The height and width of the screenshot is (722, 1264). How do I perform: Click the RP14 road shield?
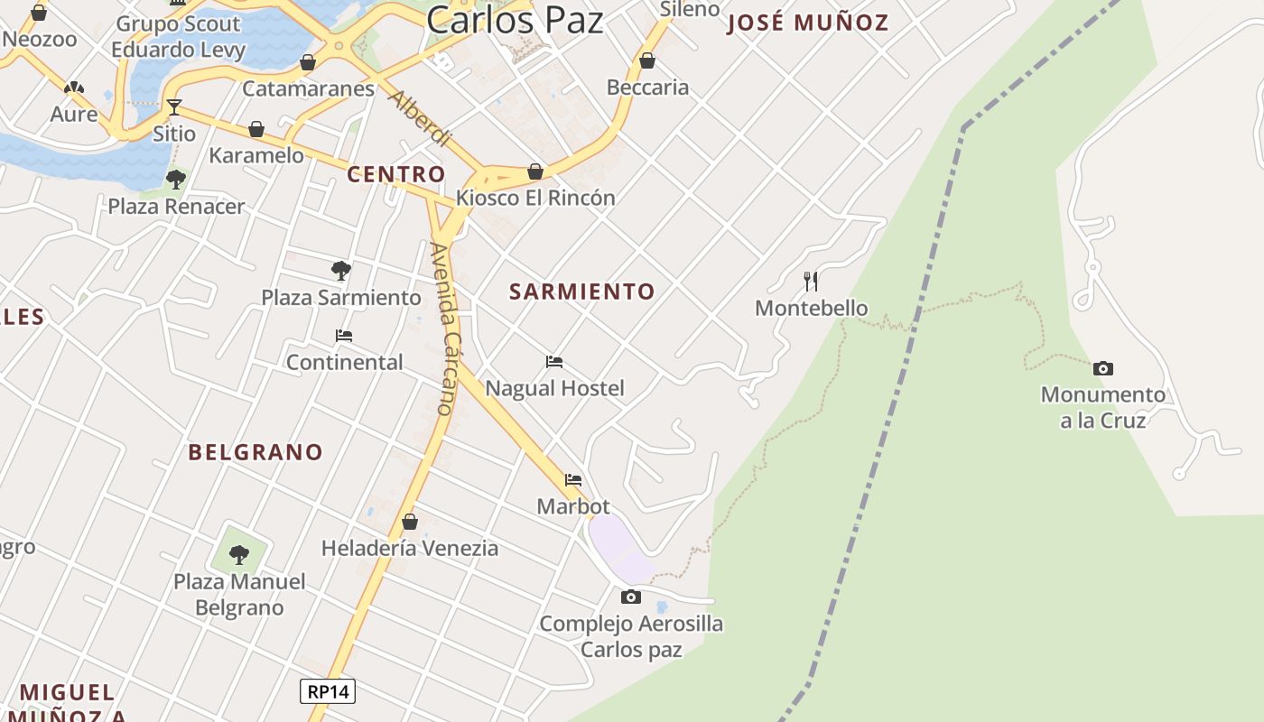coord(327,691)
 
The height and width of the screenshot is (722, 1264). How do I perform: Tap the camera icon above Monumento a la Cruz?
coord(1102,368)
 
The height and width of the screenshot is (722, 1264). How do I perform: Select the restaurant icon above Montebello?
coord(811,282)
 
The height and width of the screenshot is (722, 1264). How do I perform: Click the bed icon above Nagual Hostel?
coord(554,362)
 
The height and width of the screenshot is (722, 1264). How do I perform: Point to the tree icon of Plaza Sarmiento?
coord(340,270)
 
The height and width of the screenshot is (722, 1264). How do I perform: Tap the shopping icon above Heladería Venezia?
coord(410,522)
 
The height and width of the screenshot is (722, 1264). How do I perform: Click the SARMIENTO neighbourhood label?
coord(581,292)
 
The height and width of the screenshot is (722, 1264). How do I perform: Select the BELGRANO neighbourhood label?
coord(256,452)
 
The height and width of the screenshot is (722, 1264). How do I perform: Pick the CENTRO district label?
coord(396,174)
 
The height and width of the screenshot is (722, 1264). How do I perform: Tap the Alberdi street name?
coord(419,118)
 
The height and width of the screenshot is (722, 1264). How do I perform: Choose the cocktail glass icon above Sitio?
coord(173,107)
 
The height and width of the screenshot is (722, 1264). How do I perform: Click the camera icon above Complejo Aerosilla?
coord(631,597)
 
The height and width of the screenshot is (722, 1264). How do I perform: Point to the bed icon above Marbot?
coord(573,480)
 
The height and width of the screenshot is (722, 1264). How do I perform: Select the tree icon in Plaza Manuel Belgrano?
coord(239,554)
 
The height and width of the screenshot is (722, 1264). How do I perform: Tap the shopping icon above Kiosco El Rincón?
coord(535,171)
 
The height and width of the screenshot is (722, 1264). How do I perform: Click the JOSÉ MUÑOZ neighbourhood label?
coord(808,23)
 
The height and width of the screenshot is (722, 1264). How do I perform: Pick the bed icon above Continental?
coord(343,336)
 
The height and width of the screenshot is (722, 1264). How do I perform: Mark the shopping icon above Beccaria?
coord(646,61)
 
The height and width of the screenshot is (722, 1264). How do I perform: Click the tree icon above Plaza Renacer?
coord(176,179)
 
